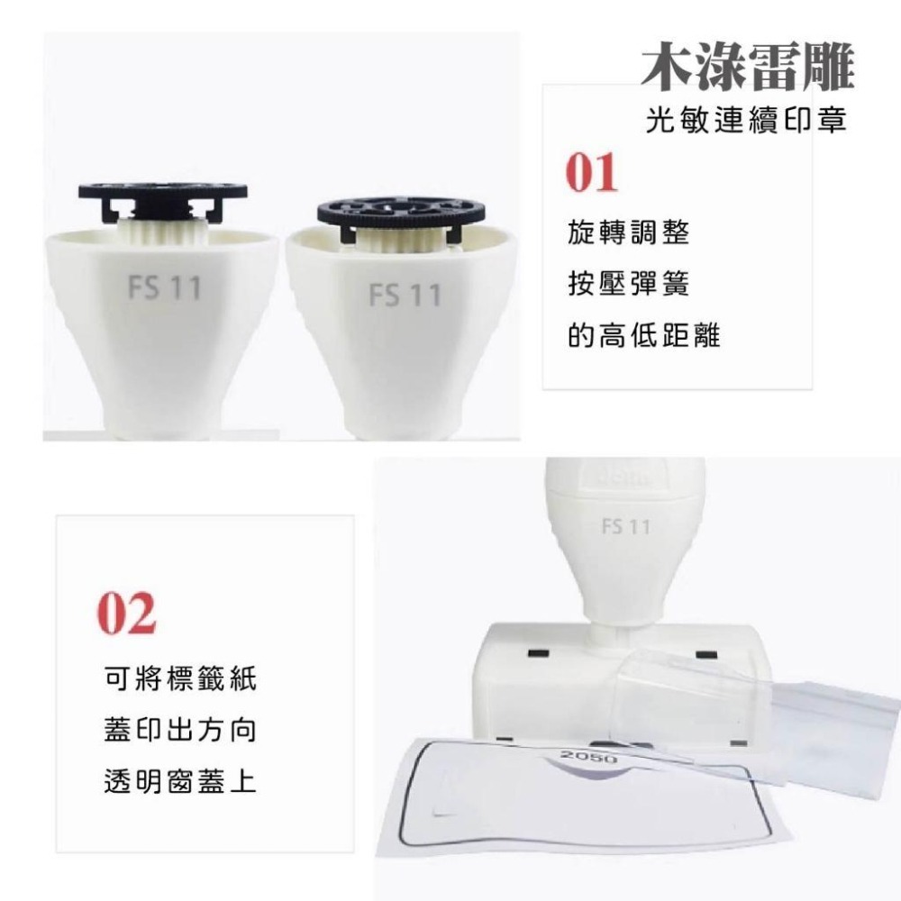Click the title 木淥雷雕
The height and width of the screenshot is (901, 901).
pos(747,68)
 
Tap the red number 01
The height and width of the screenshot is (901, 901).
pos(592,173)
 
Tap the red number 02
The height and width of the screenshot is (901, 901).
pos(127,613)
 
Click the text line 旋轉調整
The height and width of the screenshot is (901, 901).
pos(629,233)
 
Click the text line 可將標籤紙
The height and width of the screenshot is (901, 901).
pos(179,678)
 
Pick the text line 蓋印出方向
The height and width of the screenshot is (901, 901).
pos(179,730)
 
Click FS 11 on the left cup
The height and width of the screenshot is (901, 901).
pos(165,288)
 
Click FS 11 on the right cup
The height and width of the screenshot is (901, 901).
pos(405,295)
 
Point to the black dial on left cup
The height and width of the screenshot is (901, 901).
pos(163,192)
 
